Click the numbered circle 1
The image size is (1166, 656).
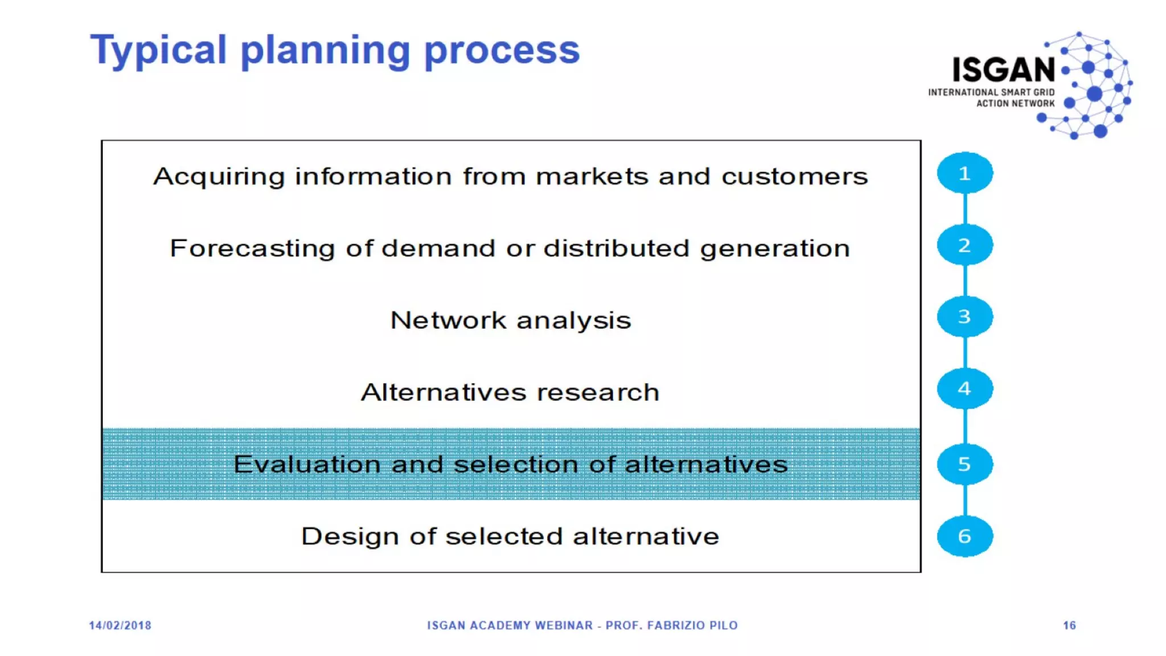pos(964,173)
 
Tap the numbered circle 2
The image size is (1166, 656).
pos(964,245)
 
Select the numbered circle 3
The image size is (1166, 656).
pos(964,317)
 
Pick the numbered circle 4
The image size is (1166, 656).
pos(964,389)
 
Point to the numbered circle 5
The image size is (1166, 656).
pos(964,464)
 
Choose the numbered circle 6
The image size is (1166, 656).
pos(964,536)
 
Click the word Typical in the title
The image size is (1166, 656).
pos(158,50)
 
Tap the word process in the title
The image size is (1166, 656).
pos(502,51)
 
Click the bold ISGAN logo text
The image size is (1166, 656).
pos(1004,70)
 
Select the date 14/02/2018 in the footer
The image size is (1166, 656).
pos(120,625)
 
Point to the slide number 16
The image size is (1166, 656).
pos(1069,625)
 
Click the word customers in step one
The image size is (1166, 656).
pos(794,177)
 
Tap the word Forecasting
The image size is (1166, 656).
pos(252,249)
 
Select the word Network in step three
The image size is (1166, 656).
pos(448,321)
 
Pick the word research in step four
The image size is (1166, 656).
pos(598,392)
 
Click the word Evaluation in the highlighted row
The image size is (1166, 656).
pos(306,465)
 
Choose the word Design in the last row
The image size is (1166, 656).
pos(350,536)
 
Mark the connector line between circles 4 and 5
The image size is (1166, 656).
pos(964,426)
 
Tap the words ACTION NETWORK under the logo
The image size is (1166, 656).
pos(1015,104)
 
